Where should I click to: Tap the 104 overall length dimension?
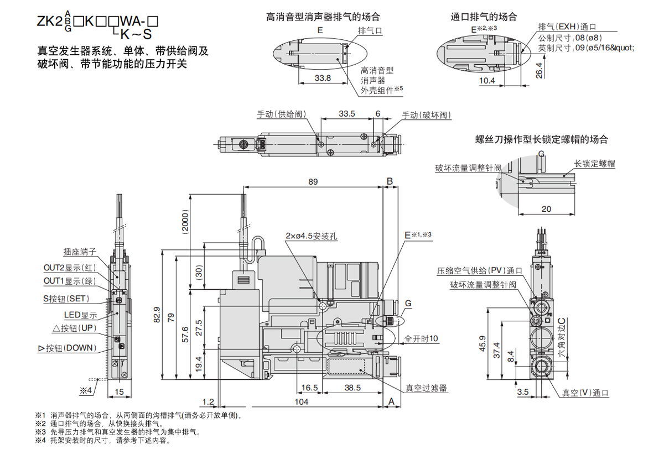click(x=301, y=402)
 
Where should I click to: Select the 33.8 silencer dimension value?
click(x=323, y=78)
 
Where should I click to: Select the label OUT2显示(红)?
click(x=70, y=268)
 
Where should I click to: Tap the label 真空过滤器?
click(x=426, y=388)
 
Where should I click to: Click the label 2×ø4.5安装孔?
click(x=312, y=236)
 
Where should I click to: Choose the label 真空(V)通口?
click(x=585, y=393)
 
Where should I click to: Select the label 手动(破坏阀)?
click(x=426, y=115)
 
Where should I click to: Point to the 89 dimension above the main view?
click(x=313, y=181)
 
